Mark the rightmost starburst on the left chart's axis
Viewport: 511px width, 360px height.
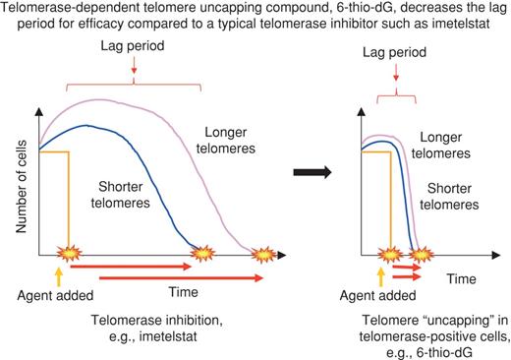tap(262, 255)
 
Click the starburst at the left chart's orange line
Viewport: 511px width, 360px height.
tap(67, 255)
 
